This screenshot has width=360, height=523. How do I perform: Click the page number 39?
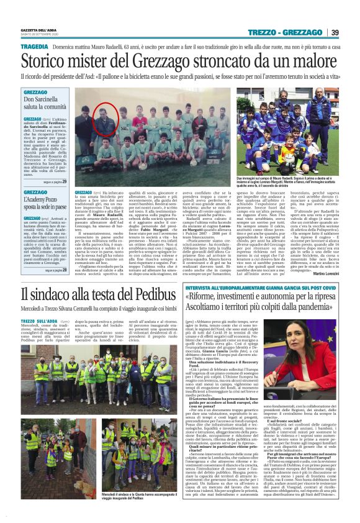352,32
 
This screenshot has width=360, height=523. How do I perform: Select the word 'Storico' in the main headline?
49,61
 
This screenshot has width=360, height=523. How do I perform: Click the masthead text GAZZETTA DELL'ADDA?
40,30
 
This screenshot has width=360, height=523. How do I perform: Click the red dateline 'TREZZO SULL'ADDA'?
37,321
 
